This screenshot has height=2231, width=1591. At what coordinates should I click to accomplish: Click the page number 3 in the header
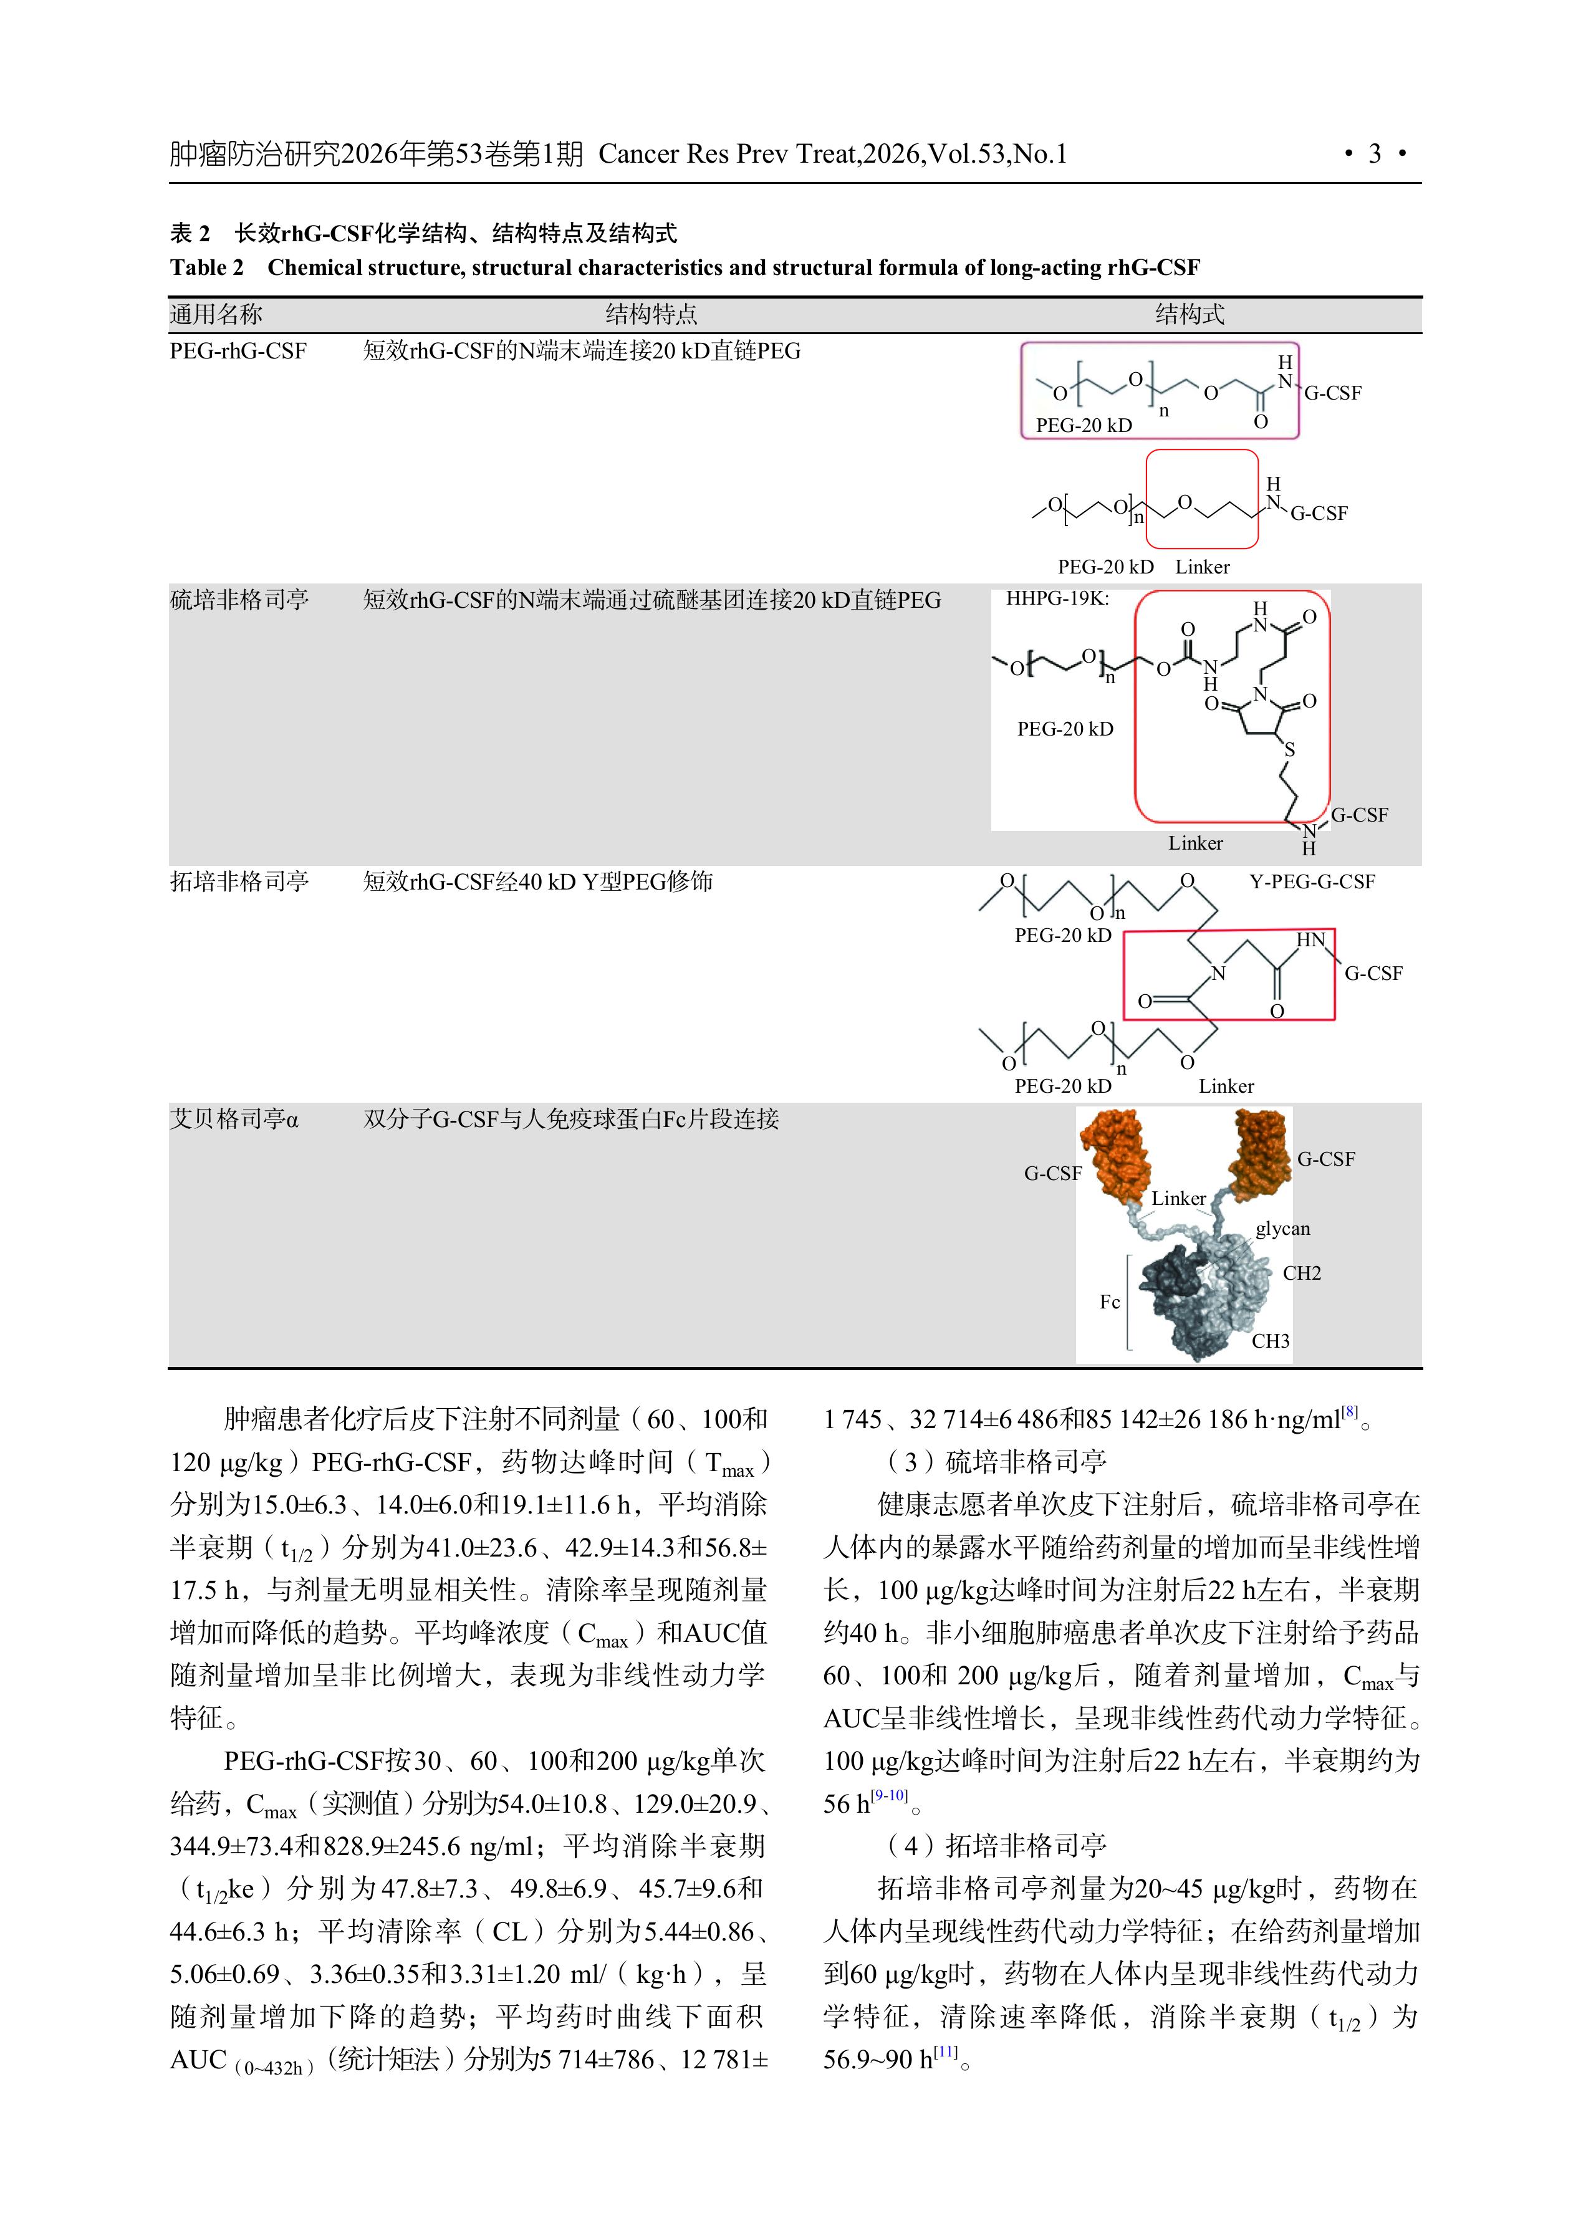(1375, 154)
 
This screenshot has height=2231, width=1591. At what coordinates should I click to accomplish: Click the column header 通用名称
(216, 314)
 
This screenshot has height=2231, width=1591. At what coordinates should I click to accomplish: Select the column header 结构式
(1190, 314)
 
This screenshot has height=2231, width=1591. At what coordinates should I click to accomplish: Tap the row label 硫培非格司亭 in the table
(239, 600)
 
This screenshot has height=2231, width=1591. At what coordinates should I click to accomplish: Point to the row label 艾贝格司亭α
(234, 1118)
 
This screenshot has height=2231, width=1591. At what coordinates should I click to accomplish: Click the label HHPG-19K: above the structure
(1057, 598)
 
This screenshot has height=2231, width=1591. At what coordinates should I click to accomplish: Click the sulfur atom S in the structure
(1289, 749)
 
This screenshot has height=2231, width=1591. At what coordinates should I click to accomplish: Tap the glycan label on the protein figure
(1282, 1228)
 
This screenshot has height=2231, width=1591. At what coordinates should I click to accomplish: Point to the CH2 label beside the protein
(1302, 1273)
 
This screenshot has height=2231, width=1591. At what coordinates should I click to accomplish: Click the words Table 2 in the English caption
(207, 267)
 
